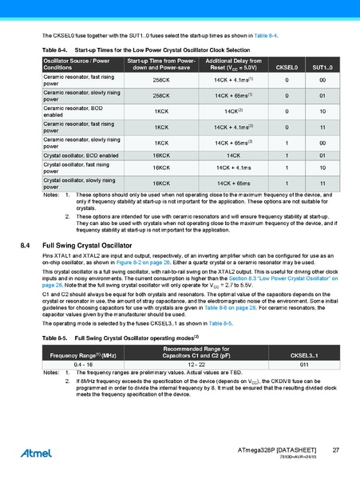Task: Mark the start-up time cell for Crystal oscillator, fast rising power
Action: point(161,168)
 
